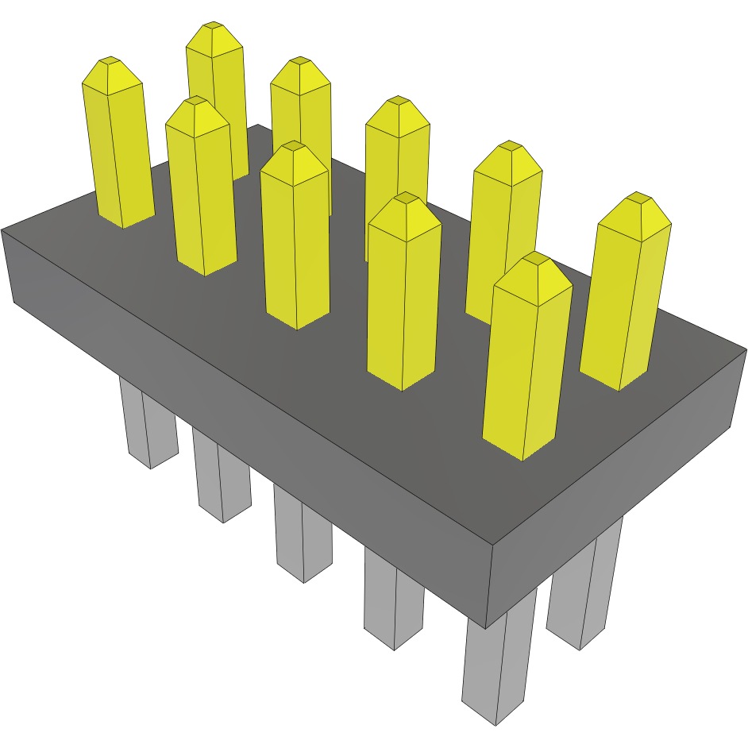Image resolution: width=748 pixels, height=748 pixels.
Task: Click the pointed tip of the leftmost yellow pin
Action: tap(110, 60)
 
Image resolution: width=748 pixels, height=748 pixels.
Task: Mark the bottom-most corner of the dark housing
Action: tap(486, 627)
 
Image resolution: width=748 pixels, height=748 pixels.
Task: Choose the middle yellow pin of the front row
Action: tap(295, 238)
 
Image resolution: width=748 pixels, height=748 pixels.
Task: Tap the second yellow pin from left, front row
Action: tap(200, 191)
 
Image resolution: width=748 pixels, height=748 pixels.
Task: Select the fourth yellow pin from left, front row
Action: tap(403, 294)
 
